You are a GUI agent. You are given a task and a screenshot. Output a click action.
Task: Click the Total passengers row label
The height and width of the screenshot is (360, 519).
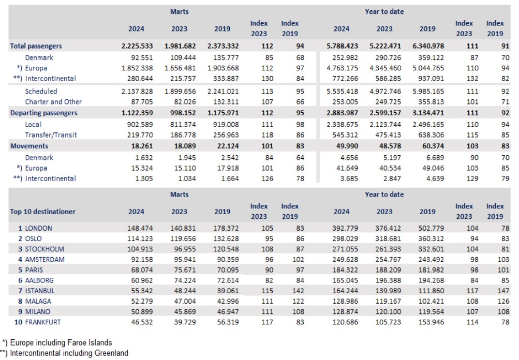36,46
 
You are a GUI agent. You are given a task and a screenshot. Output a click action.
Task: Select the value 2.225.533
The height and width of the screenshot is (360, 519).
137,46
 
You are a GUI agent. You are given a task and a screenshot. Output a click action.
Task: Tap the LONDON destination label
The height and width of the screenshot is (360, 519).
38,228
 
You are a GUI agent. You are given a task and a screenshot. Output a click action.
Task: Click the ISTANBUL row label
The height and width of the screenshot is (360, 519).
40,291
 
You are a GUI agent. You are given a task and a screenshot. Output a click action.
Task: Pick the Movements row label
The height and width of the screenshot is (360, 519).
29,146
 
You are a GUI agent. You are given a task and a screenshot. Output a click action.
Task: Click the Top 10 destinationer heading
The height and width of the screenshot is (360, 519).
43,212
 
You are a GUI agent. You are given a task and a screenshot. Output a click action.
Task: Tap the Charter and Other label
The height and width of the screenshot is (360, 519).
53,102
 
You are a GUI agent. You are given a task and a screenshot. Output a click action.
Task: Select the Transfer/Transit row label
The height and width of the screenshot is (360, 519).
51,135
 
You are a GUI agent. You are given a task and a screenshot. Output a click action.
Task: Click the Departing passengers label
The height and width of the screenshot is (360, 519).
43,113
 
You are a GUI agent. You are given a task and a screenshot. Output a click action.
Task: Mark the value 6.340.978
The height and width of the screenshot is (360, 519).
428,46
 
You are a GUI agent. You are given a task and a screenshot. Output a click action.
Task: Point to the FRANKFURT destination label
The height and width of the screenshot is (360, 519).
43,322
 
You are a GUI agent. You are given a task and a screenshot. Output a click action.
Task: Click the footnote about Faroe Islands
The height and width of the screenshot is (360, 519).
57,343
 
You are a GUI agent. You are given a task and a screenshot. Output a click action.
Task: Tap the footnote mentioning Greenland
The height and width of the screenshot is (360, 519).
64,353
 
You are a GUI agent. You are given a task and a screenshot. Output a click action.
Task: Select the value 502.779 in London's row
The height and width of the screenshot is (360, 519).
431,228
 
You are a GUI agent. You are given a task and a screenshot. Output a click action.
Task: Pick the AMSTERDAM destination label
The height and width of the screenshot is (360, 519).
45,260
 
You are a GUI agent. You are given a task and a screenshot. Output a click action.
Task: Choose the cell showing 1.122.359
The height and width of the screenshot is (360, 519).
137,113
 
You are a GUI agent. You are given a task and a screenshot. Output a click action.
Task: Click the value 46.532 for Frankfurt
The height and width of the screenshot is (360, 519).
142,322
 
